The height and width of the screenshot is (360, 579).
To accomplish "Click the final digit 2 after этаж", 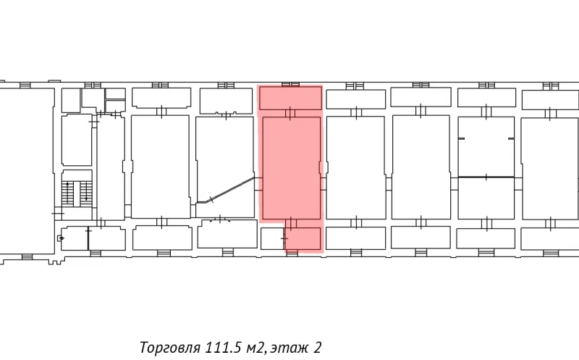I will (x=318, y=347).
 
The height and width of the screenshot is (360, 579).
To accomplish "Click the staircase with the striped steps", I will (x=77, y=191).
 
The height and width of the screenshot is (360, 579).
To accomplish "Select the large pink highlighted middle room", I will (x=290, y=167).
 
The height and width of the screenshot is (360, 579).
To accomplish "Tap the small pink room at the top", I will (x=290, y=98).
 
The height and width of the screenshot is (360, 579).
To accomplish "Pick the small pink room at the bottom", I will (x=303, y=238).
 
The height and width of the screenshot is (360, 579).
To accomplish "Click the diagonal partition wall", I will (x=232, y=189).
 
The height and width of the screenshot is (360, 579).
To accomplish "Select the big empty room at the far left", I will (x=26, y=170).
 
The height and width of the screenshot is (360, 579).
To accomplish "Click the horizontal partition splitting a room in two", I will (x=486, y=177).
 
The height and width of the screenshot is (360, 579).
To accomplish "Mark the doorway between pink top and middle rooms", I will (x=290, y=112).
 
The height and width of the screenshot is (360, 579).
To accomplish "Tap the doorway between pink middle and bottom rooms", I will (x=290, y=222).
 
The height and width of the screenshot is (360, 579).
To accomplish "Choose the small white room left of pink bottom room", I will (x=271, y=238).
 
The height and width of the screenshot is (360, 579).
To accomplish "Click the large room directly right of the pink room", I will (x=355, y=167).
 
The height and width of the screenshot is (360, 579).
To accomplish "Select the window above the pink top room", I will (x=290, y=84).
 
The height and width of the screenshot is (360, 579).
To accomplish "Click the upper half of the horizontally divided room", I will (x=486, y=145).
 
